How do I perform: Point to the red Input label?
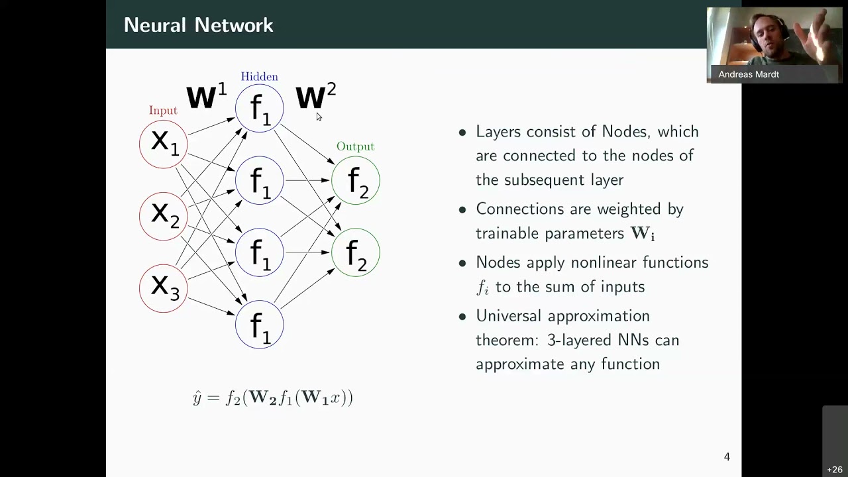coord(163,111)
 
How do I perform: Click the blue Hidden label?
coord(259,76)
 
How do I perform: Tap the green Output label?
coord(355,146)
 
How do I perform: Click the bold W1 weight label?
coord(207,96)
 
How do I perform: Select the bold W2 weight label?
coord(316,96)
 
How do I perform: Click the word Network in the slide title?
coord(234,25)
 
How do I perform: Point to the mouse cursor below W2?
coord(319,117)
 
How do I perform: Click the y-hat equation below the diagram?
coord(272,398)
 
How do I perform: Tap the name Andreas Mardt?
coord(749,74)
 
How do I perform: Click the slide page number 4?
coord(727,456)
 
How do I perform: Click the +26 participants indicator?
coord(835,470)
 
